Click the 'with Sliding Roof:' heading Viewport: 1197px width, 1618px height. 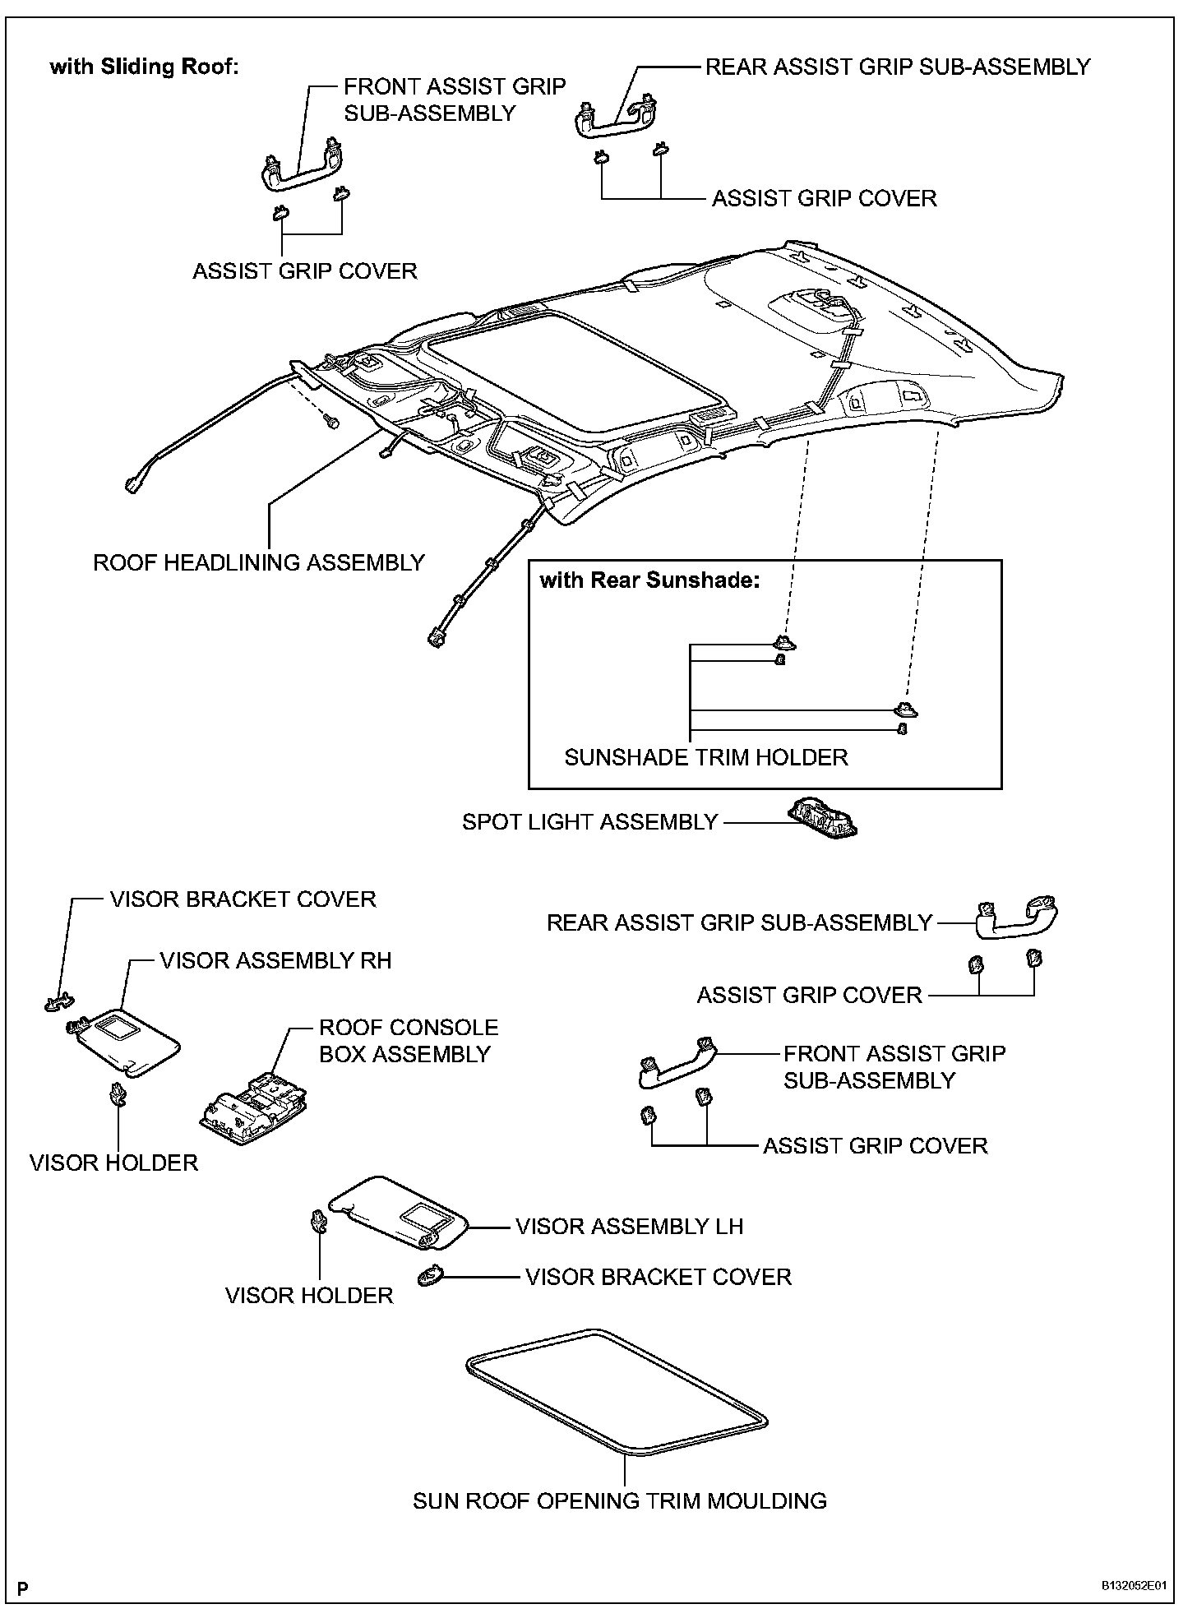[144, 67]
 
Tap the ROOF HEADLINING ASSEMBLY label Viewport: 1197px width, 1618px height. [258, 563]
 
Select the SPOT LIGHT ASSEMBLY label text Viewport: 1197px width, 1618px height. [589, 822]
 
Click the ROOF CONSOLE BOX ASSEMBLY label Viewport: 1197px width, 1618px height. [409, 1041]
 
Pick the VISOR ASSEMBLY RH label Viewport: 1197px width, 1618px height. [275, 960]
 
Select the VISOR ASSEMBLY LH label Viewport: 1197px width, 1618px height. [629, 1227]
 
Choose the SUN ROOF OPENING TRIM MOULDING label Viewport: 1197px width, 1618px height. [619, 1501]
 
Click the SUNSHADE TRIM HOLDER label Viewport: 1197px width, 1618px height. [705, 757]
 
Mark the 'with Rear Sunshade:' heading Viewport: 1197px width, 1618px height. [649, 580]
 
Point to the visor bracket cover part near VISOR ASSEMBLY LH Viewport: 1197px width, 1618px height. [431, 1276]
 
